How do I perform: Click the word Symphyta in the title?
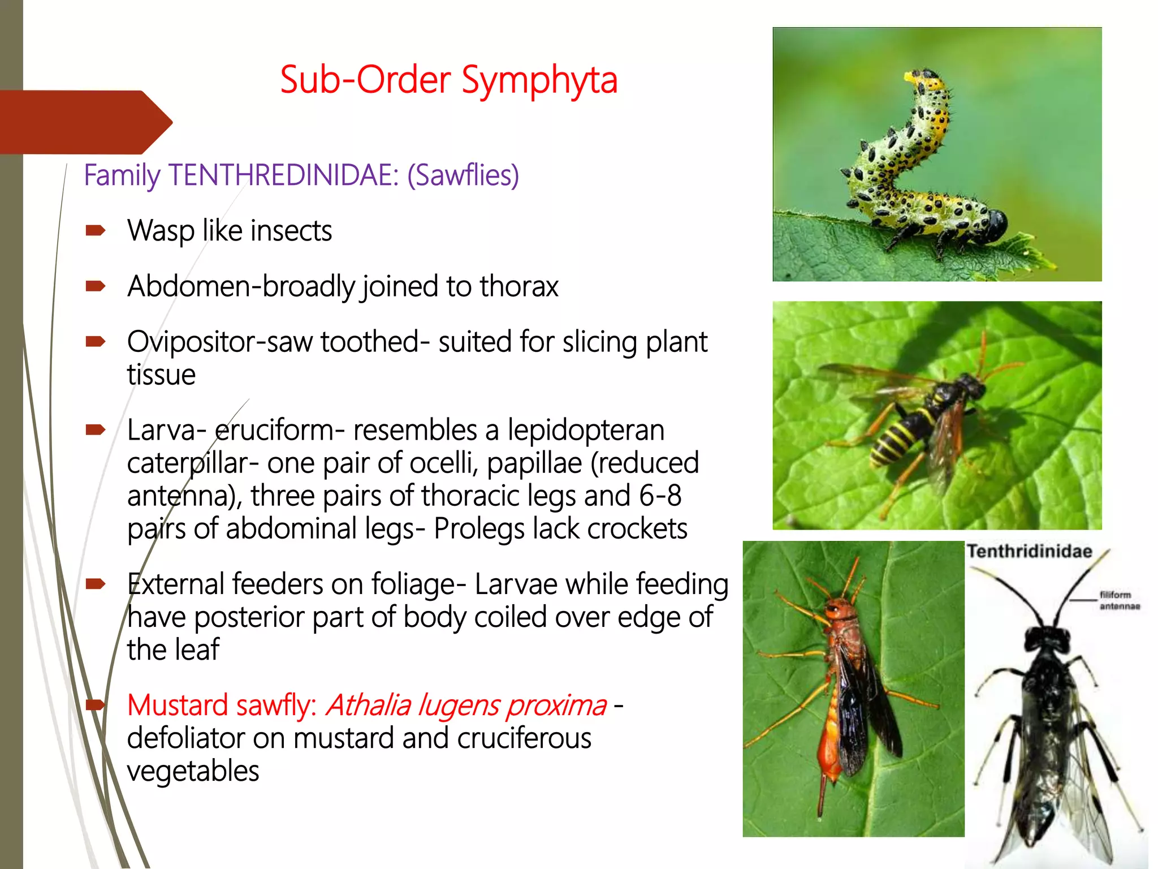[539, 80]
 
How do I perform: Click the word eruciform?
[275, 431]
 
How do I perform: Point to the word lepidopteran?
[586, 431]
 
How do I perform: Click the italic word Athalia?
[368, 705]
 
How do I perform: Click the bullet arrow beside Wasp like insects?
[95, 230]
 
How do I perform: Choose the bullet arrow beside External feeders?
[95, 583]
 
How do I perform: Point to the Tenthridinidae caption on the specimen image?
[1029, 552]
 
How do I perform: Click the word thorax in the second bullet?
[519, 287]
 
